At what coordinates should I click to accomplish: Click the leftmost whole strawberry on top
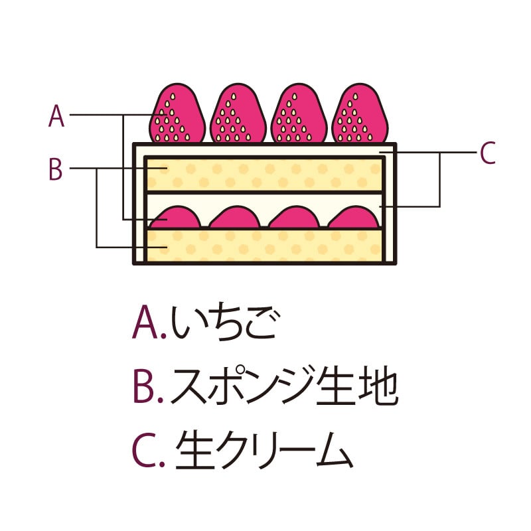pyautogui.click(x=176, y=114)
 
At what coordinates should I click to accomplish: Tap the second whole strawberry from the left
pyautogui.click(x=238, y=114)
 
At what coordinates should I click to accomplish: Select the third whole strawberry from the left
pyautogui.click(x=298, y=114)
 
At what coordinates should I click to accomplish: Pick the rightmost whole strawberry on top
pyautogui.click(x=359, y=114)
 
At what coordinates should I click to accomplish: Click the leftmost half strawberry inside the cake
pyautogui.click(x=177, y=218)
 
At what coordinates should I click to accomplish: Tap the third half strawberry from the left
pyautogui.click(x=297, y=218)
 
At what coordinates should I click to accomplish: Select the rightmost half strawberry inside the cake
pyautogui.click(x=356, y=218)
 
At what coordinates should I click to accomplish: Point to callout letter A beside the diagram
pyautogui.click(x=56, y=116)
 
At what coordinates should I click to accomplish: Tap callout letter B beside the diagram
pyautogui.click(x=56, y=169)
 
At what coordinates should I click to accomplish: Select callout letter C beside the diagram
pyautogui.click(x=487, y=153)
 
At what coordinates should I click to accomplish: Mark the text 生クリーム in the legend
pyautogui.click(x=262, y=451)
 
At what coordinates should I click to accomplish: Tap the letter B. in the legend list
pyautogui.click(x=147, y=388)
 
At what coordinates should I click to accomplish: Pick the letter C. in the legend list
pyautogui.click(x=147, y=451)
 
